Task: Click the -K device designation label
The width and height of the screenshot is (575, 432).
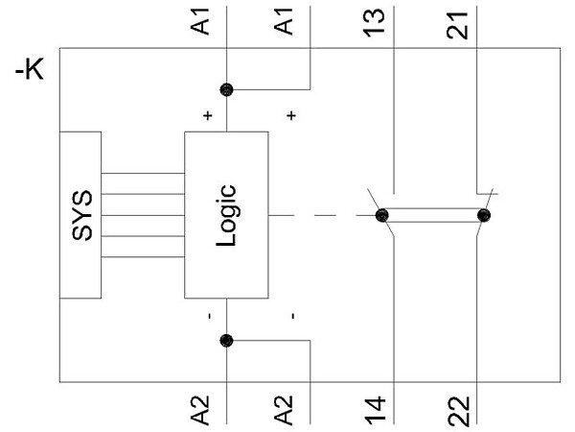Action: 32,71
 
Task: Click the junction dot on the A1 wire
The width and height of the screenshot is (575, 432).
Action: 227,90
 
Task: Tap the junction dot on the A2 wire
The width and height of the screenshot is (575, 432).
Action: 227,339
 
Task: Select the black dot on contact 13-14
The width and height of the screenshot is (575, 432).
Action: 381,214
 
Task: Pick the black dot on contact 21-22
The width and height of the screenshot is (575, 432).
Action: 483,214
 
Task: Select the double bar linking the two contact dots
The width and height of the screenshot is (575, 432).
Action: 432,214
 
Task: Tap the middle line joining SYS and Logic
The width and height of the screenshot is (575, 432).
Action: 144,216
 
